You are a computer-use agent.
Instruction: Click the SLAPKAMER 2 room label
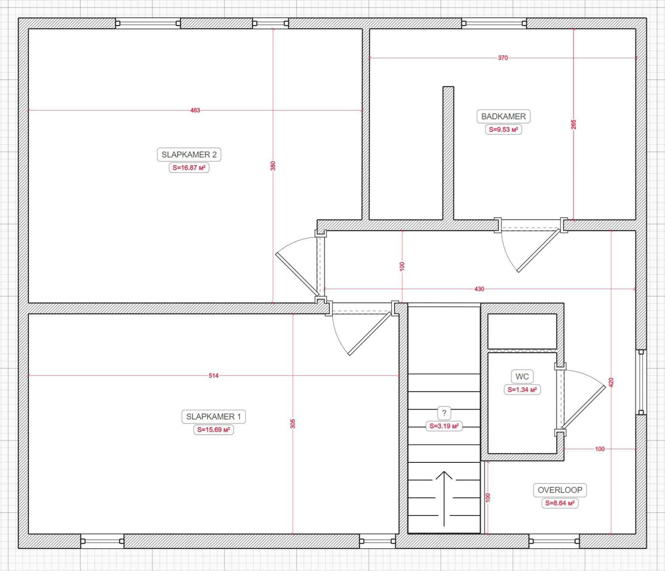189,155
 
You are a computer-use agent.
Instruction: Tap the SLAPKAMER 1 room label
213,417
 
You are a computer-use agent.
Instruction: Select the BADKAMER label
503,117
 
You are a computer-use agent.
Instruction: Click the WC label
522,377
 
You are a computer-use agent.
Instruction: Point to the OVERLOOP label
560,490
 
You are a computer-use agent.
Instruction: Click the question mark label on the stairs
444,413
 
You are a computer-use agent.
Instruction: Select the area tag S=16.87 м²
189,168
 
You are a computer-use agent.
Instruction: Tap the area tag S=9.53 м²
503,130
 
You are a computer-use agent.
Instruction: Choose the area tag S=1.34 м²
522,390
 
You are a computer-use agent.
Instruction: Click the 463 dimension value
195,110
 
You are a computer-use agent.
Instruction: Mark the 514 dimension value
214,376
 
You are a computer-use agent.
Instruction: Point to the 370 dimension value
503,58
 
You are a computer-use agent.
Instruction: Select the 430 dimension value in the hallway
479,289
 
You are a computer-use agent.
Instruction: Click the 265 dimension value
573,125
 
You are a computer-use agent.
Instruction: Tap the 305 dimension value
293,423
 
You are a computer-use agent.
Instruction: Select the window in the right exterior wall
641,382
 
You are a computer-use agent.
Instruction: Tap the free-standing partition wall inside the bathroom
448,153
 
